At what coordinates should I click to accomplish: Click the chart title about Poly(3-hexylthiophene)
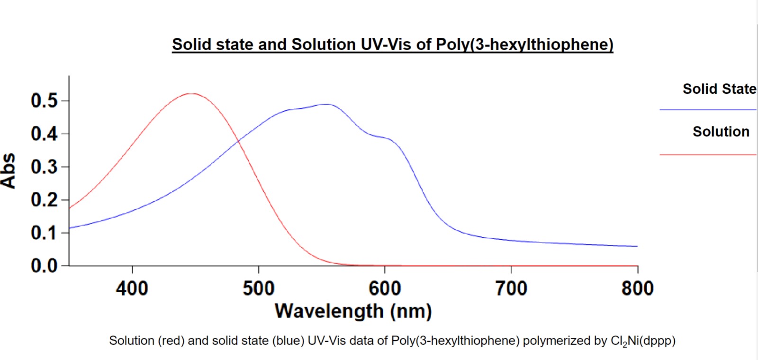(x=392, y=45)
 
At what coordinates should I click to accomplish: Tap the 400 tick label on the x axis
(x=132, y=288)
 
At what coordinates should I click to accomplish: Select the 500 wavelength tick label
(x=259, y=288)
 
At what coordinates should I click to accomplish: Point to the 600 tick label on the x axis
(x=385, y=288)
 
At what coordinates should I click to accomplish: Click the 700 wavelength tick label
(x=511, y=288)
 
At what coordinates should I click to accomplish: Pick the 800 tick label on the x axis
(x=637, y=288)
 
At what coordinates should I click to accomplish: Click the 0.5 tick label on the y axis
(x=44, y=100)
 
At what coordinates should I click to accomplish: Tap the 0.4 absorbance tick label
(x=44, y=134)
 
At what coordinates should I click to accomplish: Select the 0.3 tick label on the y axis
(x=44, y=167)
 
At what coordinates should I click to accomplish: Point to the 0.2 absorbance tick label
(x=44, y=199)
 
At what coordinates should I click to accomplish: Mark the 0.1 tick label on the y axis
(x=44, y=233)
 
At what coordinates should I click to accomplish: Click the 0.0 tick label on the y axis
(x=44, y=266)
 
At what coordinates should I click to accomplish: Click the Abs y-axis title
(x=9, y=171)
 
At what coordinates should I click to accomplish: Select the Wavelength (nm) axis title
(x=353, y=311)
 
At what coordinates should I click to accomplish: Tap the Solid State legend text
(x=719, y=89)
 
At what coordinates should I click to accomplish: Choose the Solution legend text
(x=721, y=132)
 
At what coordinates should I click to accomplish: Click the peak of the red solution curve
(x=192, y=94)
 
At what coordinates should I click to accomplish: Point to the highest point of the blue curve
(x=326, y=104)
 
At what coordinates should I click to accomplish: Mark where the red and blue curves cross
(x=238, y=140)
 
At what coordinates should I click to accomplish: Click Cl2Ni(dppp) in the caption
(x=643, y=341)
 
